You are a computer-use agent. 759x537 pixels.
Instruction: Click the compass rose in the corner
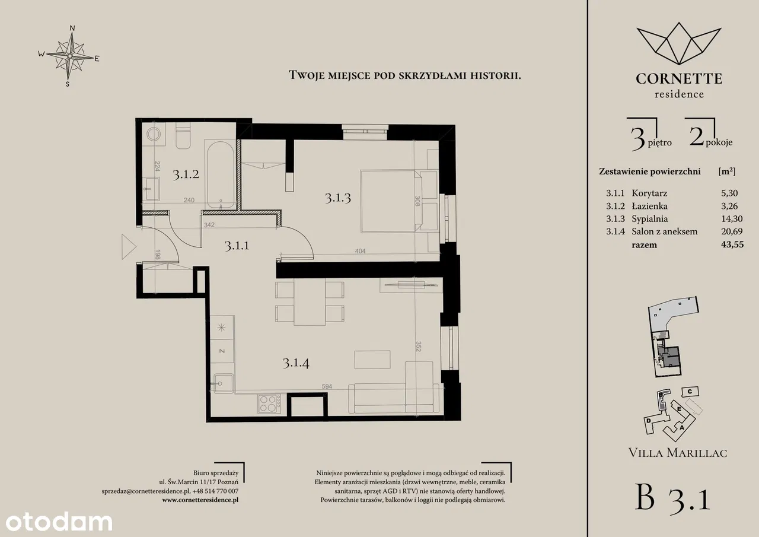pos(69,56)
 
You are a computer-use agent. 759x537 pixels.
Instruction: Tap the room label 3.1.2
pos(186,174)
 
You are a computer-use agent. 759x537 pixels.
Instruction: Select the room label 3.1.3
pos(337,198)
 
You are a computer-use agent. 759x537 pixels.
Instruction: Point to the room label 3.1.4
pos(296,363)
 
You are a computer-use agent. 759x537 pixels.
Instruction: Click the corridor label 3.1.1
pos(237,245)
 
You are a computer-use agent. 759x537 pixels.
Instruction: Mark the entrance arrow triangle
pos(129,247)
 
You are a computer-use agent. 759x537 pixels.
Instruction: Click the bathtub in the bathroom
pos(220,175)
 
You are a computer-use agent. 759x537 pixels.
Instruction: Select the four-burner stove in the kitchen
pos(269,403)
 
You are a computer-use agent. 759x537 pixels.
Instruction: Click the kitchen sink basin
pos(222,383)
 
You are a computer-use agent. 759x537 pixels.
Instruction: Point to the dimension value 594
pos(327,386)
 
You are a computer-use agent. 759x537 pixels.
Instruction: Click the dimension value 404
pos(360,251)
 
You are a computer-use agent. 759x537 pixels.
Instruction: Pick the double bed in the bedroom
pos(391,201)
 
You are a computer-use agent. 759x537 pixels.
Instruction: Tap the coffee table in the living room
pos(372,360)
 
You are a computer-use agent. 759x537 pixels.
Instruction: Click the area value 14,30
pos(732,219)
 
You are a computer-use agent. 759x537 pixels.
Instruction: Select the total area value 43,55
pos(732,244)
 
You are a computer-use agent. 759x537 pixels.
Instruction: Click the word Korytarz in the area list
pos(649,193)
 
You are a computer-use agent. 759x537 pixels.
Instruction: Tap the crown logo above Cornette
pos(679,44)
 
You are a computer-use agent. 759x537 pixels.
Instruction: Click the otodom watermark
pos(59,522)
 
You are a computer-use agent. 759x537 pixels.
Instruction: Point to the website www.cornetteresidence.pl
pos(200,500)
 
